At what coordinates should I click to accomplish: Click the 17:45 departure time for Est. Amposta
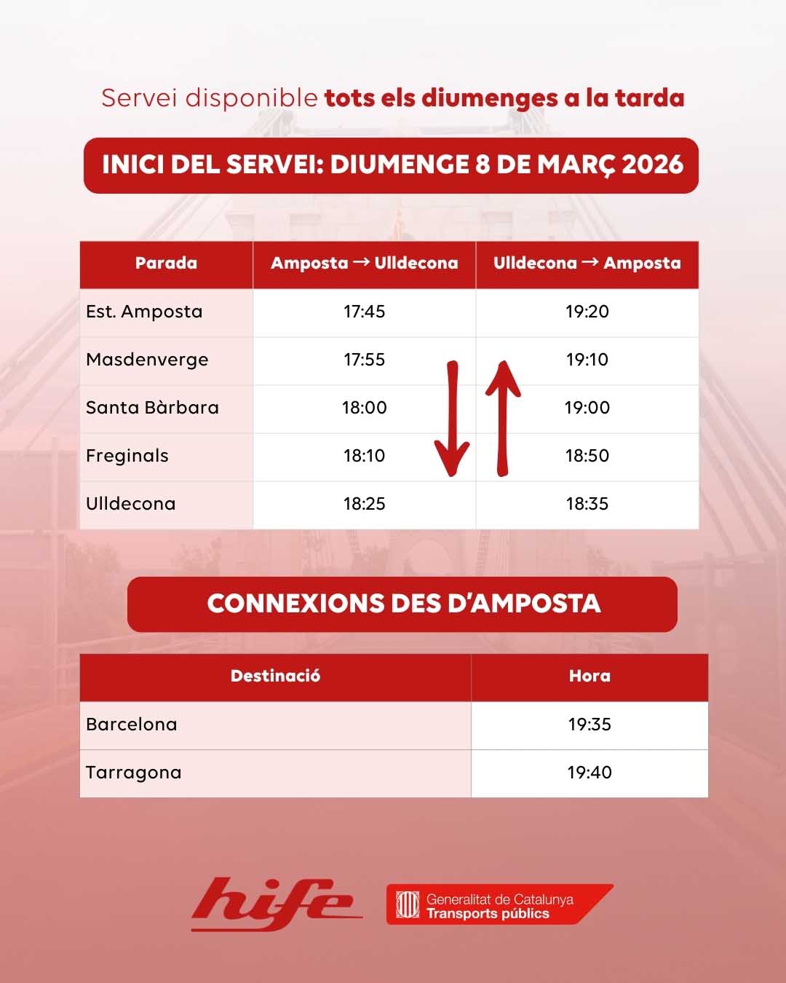364,312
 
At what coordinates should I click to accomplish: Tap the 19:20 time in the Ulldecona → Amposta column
587,312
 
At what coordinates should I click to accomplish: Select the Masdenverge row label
147,360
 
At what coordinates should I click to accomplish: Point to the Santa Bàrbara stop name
152,408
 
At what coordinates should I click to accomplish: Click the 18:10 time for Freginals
364,456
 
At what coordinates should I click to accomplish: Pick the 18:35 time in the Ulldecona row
587,504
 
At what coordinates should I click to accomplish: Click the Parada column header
166,264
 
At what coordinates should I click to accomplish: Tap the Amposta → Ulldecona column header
364,264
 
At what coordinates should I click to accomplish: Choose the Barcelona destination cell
132,725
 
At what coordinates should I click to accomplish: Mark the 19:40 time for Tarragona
589,773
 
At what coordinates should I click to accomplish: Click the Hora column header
589,676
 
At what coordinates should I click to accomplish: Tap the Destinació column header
275,676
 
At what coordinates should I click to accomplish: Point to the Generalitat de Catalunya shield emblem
408,905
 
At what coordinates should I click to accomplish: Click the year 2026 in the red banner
653,165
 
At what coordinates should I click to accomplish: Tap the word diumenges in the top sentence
489,98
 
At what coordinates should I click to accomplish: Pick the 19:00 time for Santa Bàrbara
587,408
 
